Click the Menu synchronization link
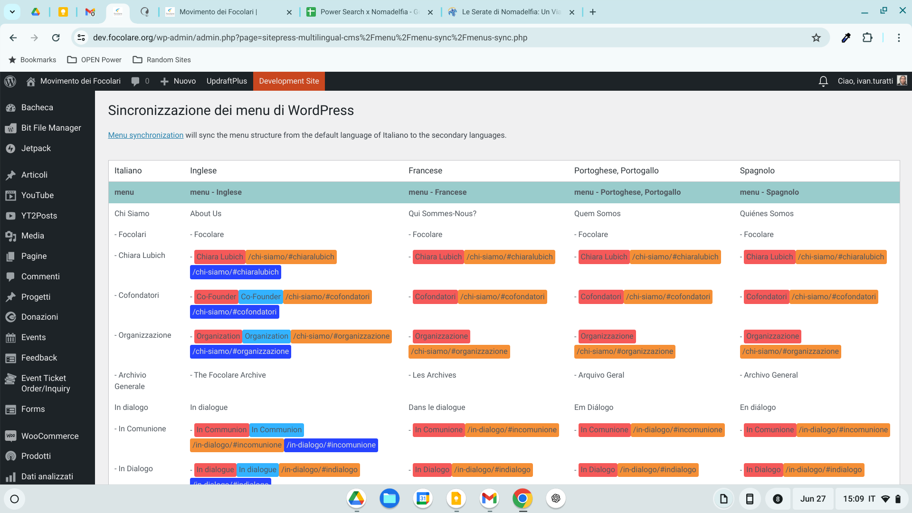145,135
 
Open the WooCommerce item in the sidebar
50,436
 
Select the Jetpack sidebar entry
36,148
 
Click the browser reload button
56,38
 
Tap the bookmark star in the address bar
816,38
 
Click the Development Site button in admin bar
289,81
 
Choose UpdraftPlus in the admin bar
227,81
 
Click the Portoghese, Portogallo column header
616,171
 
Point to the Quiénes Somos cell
767,214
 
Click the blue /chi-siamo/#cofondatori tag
234,312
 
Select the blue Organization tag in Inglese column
266,336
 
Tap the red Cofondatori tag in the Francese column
435,297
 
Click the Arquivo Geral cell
601,375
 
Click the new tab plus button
593,12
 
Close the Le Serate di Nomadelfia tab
572,12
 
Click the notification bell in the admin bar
823,81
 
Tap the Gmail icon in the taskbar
489,498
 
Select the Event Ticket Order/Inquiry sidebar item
46,383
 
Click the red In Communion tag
221,430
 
